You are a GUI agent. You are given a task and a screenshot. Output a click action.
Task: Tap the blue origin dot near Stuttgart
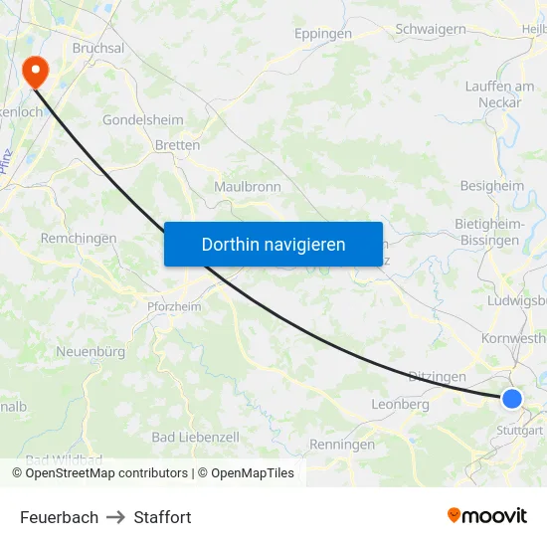click(511, 399)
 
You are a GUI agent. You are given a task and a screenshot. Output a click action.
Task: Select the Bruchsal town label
click(97, 48)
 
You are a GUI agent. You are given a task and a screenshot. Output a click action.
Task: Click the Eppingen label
click(323, 34)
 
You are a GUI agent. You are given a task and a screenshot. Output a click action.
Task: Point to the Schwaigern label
click(431, 29)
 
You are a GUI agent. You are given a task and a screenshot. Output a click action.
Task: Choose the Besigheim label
click(491, 186)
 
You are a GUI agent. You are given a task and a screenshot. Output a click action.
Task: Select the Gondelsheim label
click(143, 120)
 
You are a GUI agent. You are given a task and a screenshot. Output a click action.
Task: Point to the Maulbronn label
click(248, 186)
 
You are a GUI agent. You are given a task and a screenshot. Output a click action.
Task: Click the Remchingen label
click(79, 239)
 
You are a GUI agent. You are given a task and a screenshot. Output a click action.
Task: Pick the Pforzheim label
click(174, 306)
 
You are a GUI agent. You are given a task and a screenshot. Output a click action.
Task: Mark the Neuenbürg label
click(91, 352)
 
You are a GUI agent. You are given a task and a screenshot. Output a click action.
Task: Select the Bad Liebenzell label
click(196, 438)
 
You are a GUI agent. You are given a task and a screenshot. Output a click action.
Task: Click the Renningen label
click(343, 445)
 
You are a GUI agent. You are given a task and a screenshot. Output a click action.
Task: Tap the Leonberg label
click(400, 405)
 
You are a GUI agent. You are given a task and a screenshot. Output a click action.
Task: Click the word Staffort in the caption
click(162, 517)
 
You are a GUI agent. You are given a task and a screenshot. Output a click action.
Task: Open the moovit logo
click(486, 515)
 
